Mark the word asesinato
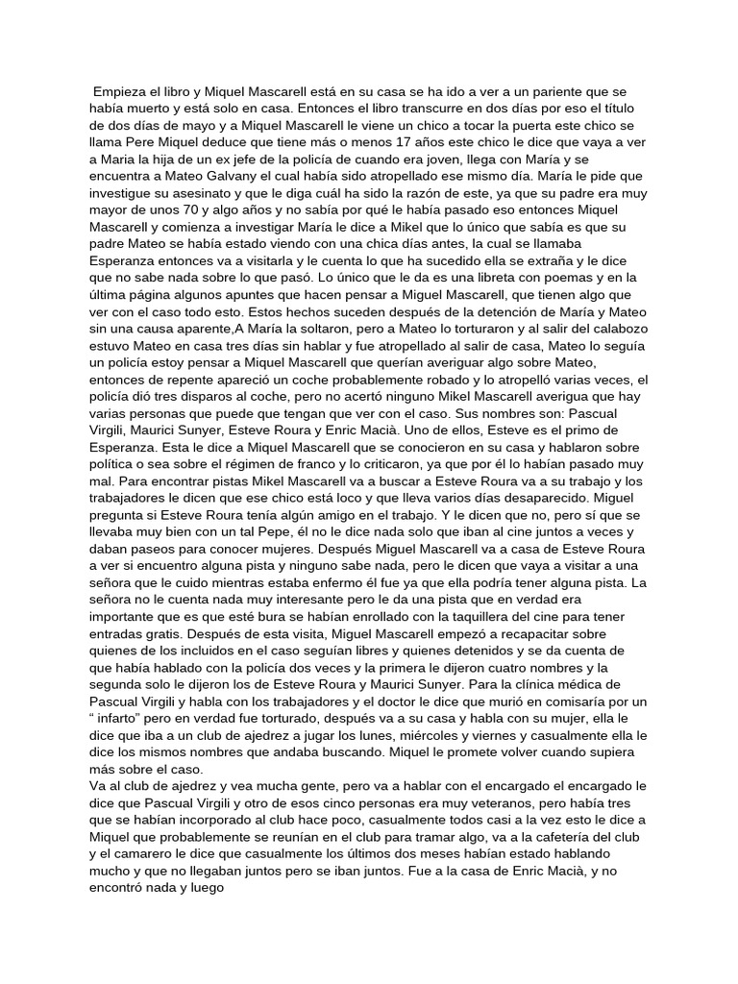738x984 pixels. coord(209,195)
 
